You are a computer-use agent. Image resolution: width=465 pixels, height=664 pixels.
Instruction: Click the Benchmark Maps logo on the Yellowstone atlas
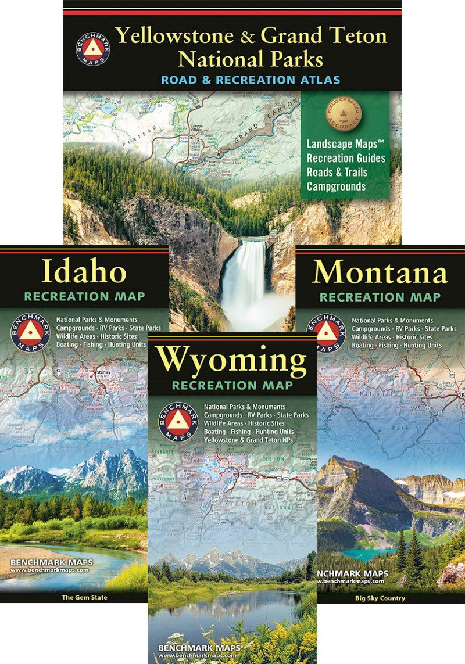92,49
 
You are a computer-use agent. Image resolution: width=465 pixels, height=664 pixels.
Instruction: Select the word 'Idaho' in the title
84,272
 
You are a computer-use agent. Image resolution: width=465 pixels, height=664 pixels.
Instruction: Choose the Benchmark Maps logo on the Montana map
326,333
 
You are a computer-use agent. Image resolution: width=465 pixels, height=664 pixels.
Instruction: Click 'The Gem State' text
84,597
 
